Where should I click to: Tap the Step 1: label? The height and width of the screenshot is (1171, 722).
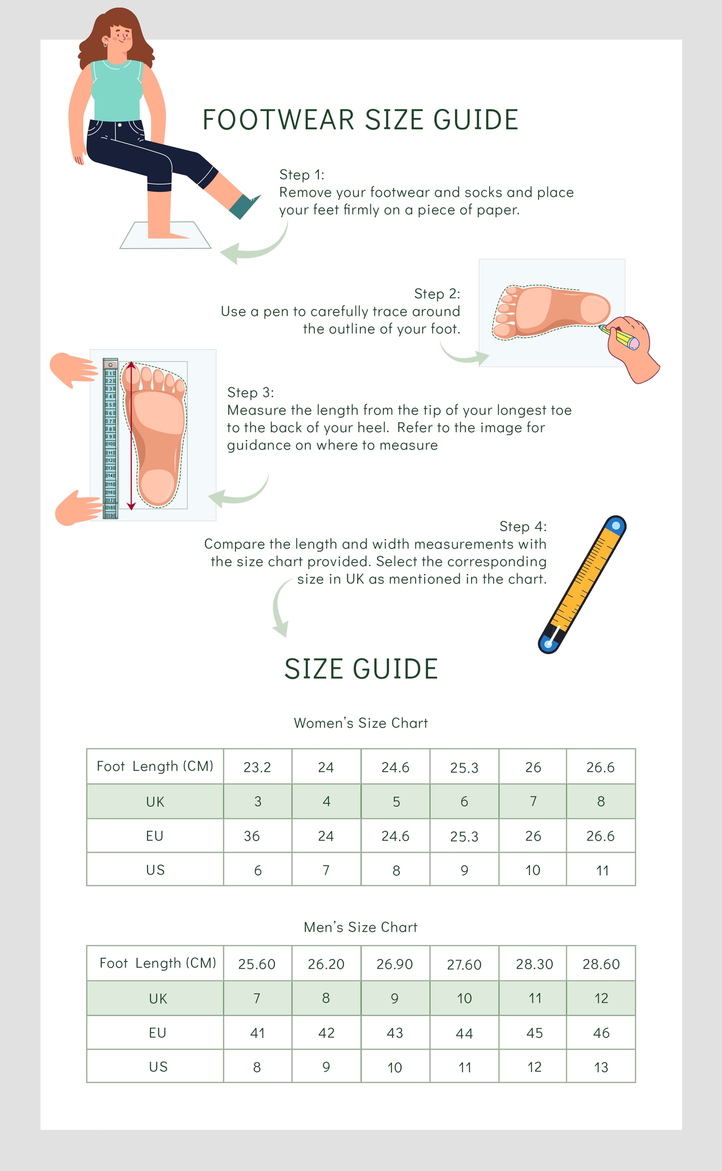point(301,175)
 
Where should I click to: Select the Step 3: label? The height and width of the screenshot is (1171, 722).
point(250,392)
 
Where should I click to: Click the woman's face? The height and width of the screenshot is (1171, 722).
point(120,37)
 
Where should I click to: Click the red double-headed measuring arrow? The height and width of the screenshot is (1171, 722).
point(131,435)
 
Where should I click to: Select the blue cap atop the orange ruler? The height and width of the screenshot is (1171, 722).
point(616,525)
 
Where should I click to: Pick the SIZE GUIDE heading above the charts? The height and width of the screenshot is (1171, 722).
point(361,669)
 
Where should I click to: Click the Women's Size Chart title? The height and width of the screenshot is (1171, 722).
point(361,723)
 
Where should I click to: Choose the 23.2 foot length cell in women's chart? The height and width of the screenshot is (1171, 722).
point(257,767)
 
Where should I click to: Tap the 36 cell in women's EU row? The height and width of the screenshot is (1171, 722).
point(252,836)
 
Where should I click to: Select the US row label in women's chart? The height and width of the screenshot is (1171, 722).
point(155,870)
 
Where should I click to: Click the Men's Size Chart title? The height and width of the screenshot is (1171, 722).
point(361,927)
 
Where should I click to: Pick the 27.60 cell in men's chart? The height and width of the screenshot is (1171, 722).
point(464,965)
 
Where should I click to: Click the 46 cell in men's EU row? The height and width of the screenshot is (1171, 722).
point(601,1033)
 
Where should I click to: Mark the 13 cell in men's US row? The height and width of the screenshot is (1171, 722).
point(601,1068)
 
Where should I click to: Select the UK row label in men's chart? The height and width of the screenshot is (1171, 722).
point(158,999)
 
